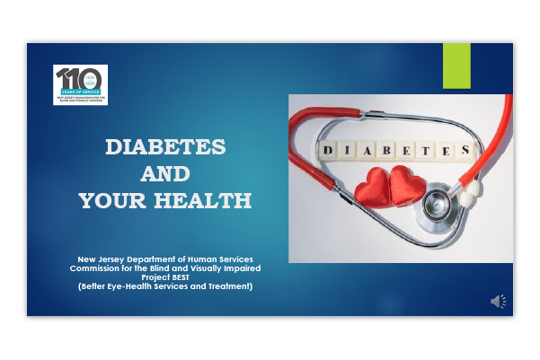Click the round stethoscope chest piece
pyautogui.click(x=437, y=199)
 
